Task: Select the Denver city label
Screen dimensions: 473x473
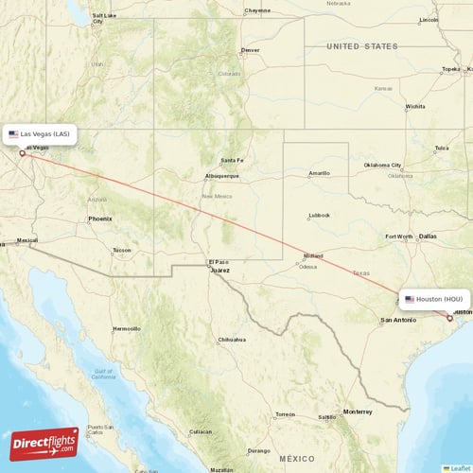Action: coord(251,50)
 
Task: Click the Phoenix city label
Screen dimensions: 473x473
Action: coord(99,219)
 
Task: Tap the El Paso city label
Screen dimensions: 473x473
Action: coord(219,261)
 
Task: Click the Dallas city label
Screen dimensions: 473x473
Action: coord(428,236)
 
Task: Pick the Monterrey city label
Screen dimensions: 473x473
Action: coord(358,412)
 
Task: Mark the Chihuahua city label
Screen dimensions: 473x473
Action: coord(232,339)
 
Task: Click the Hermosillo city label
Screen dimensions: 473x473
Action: coord(126,328)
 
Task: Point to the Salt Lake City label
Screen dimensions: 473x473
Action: coord(104,16)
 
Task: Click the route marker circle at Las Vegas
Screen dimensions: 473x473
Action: coord(22,152)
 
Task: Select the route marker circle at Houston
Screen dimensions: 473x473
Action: coord(449,318)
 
